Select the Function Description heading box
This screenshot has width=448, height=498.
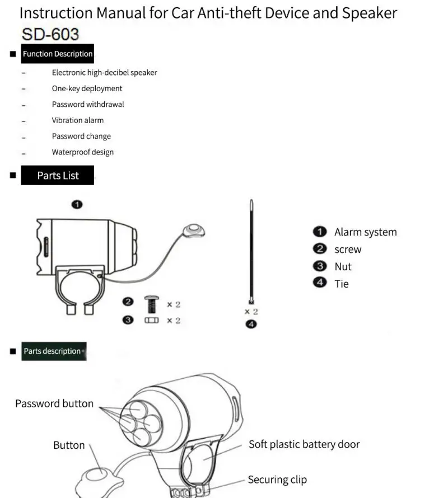[x=58, y=54]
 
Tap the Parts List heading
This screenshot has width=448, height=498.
[x=58, y=175]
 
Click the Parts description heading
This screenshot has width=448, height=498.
[x=53, y=351]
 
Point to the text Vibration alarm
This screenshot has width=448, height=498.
[x=78, y=120]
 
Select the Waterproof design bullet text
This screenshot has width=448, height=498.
[x=83, y=152]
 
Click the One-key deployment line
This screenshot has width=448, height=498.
[x=87, y=88]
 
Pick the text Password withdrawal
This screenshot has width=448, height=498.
[x=88, y=104]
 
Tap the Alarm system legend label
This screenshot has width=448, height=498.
[x=365, y=232]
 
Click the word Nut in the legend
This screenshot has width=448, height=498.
[x=343, y=267]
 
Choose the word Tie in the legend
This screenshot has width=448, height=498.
[x=342, y=284]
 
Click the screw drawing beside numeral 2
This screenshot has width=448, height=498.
[x=151, y=304]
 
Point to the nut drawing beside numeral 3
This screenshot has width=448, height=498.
[x=151, y=321]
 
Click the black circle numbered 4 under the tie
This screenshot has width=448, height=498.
[x=251, y=324]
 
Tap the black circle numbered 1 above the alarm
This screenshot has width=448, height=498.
[x=77, y=204]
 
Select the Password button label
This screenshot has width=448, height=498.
[x=54, y=403]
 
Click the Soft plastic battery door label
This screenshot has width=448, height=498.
[x=304, y=444]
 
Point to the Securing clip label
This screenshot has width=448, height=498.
[x=277, y=480]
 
